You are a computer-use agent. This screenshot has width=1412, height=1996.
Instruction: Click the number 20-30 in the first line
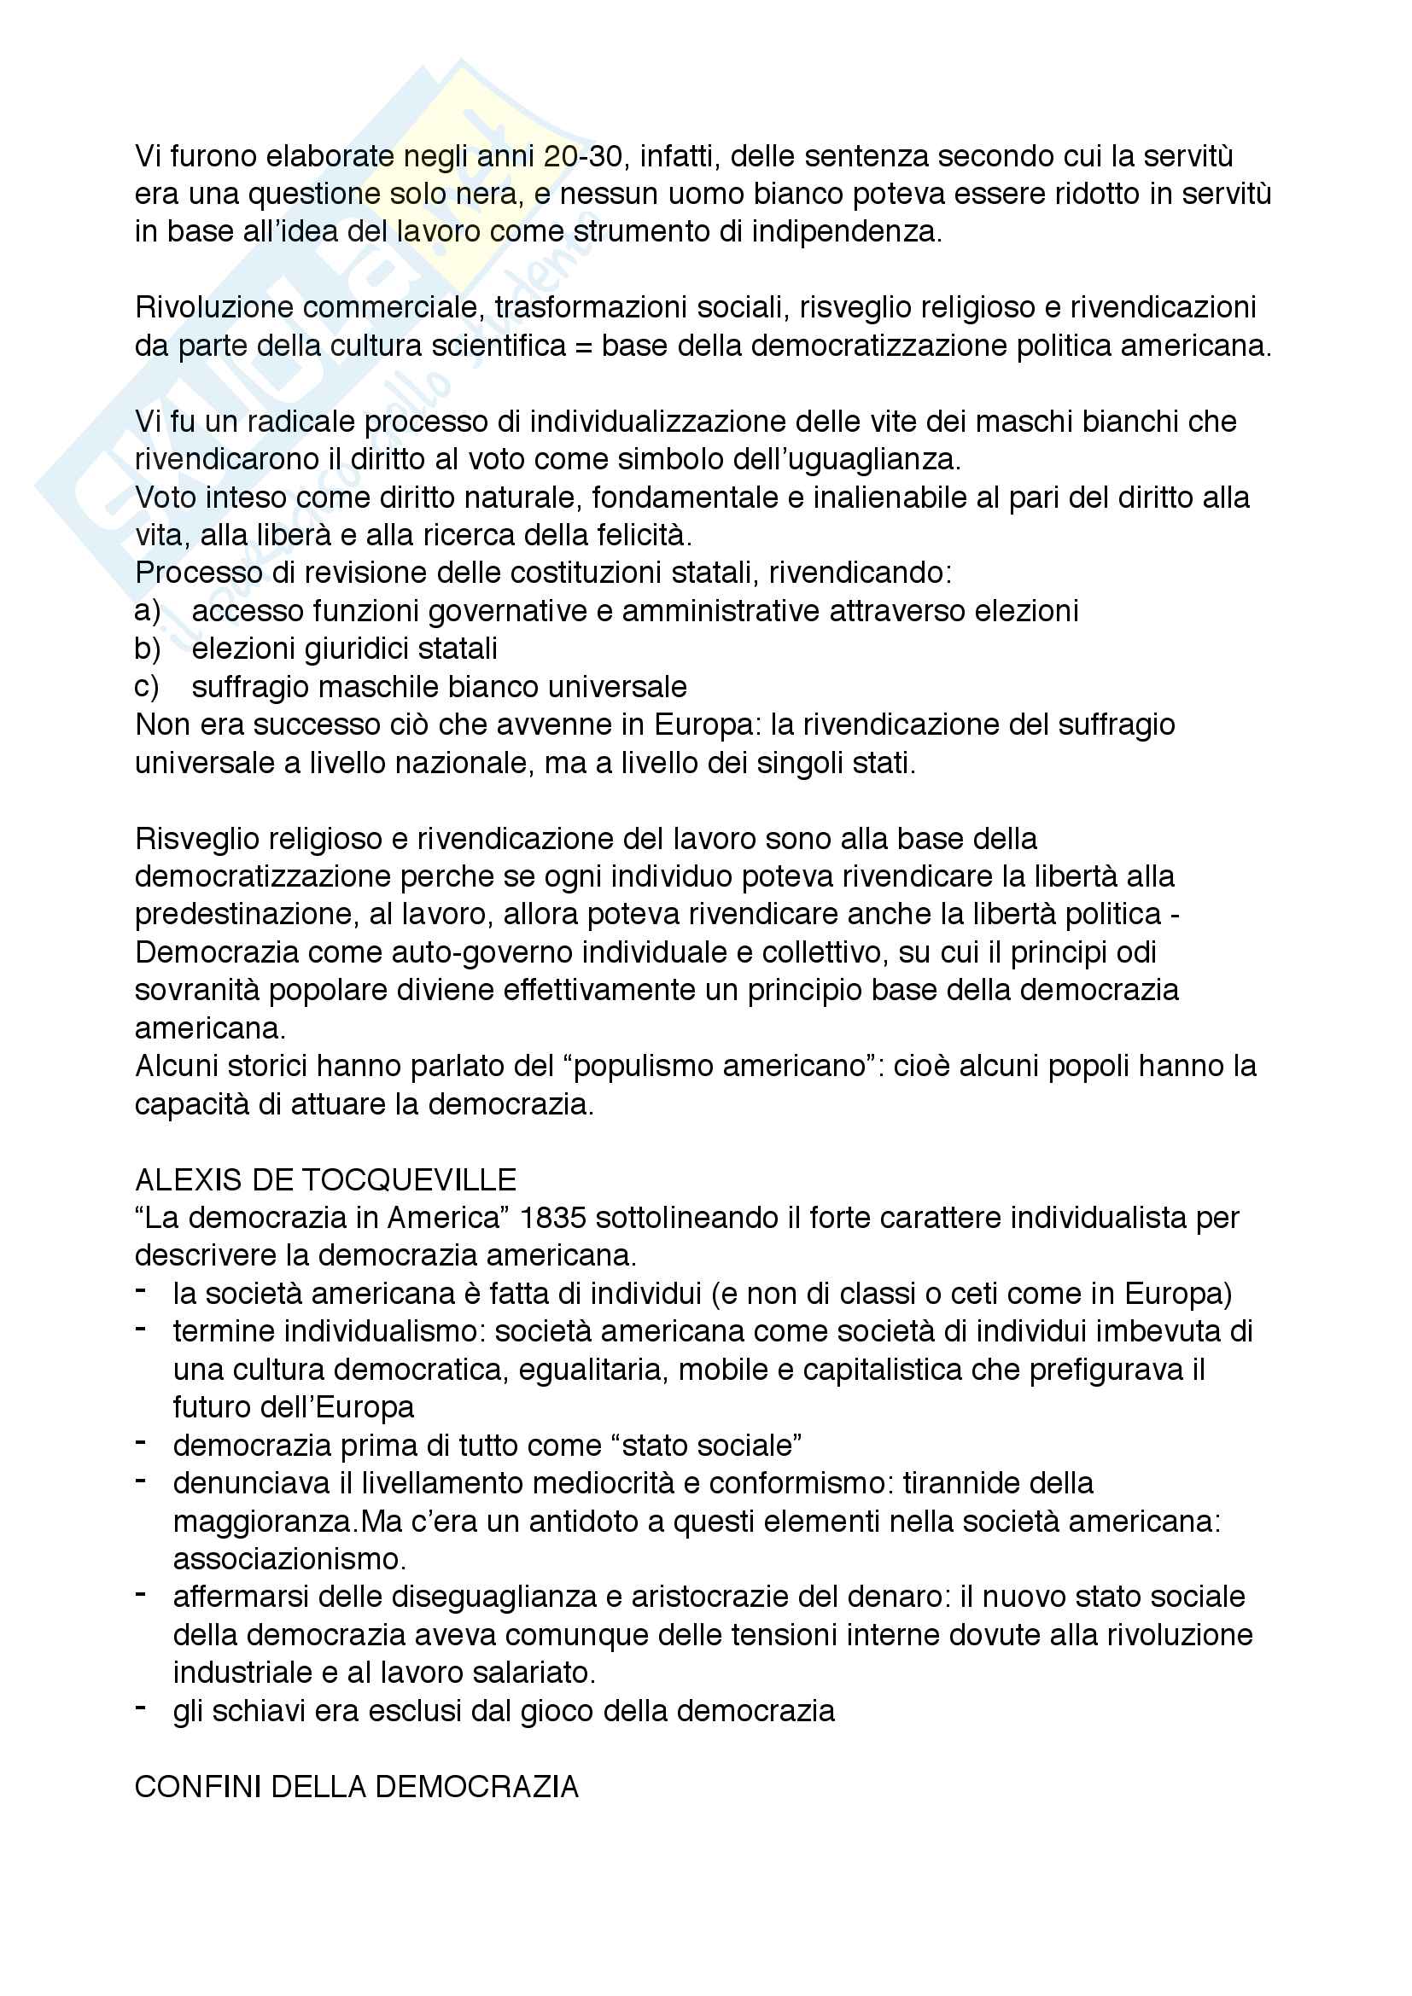coord(583,156)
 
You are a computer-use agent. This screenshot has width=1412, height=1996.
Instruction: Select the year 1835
coord(552,1218)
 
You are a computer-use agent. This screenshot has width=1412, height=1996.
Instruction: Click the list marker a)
coord(148,611)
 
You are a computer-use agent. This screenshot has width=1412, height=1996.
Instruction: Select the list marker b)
coord(148,649)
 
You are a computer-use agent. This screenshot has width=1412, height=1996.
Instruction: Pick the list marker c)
coord(147,687)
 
